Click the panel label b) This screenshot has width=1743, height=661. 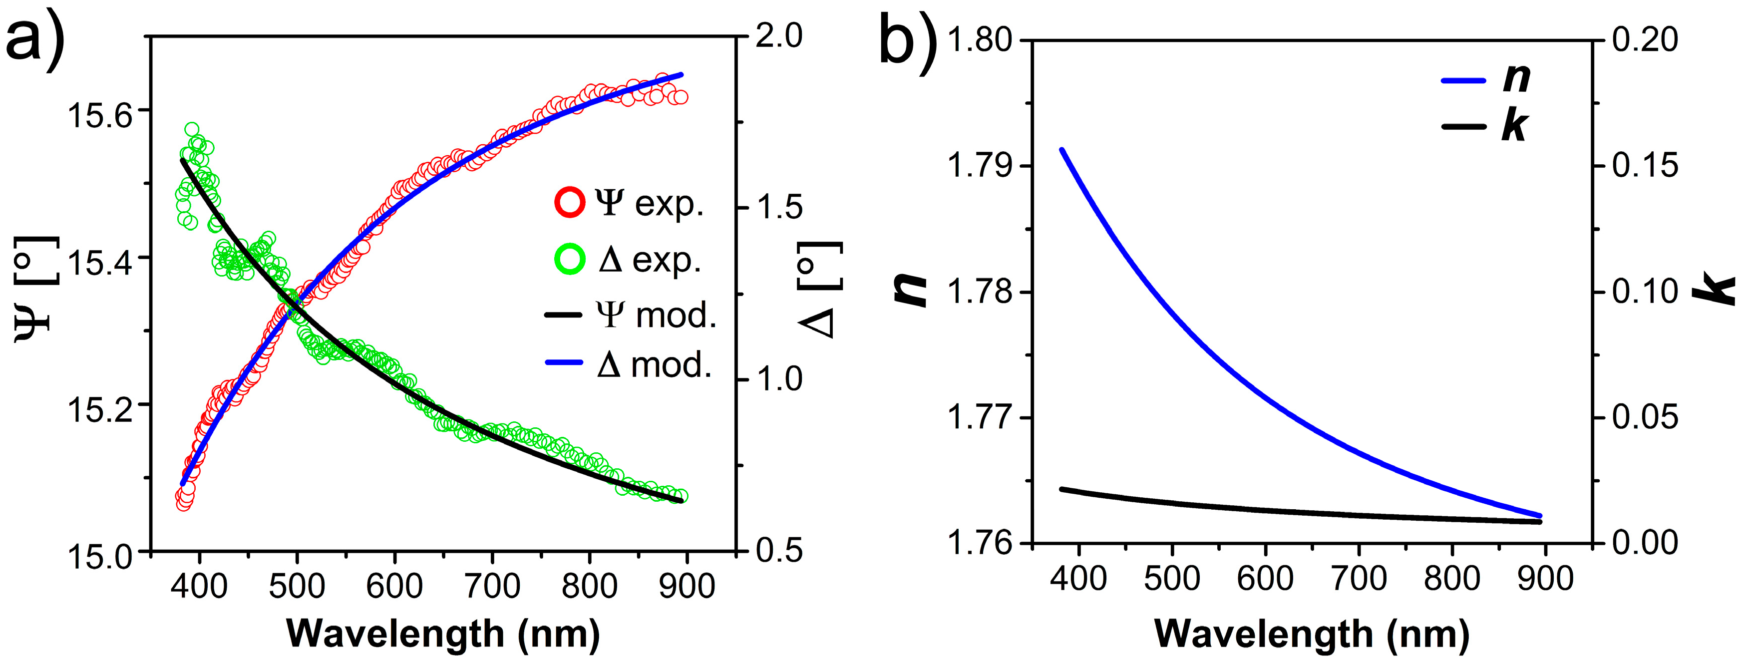[x=907, y=37]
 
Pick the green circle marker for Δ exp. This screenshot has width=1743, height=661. [x=569, y=260]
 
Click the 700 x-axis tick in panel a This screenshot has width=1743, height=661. [x=492, y=585]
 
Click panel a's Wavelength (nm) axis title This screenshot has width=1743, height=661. [x=443, y=634]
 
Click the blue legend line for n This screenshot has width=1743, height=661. [x=1463, y=80]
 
